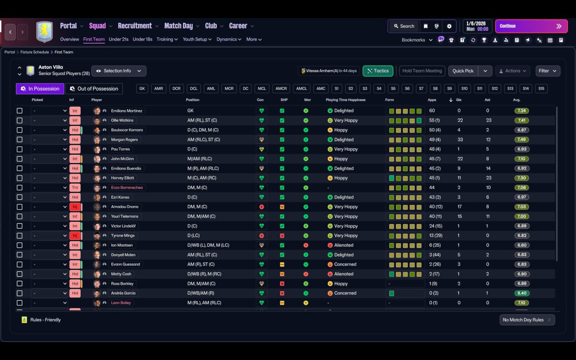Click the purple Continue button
(x=531, y=26)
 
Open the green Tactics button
(x=378, y=71)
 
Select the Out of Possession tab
(x=94, y=89)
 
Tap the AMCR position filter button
(x=281, y=89)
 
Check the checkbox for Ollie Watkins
(x=19, y=120)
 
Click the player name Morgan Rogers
(x=125, y=139)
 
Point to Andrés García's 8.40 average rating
(x=522, y=293)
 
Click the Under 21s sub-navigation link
(x=118, y=39)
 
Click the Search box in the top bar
(x=404, y=26)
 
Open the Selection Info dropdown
(x=119, y=71)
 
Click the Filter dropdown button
(x=548, y=71)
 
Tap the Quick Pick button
(x=463, y=71)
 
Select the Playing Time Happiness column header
(x=346, y=100)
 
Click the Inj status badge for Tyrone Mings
(x=75, y=235)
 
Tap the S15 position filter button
(x=541, y=89)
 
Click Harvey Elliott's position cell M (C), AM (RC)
(x=202, y=178)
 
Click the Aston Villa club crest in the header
(x=45, y=31)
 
